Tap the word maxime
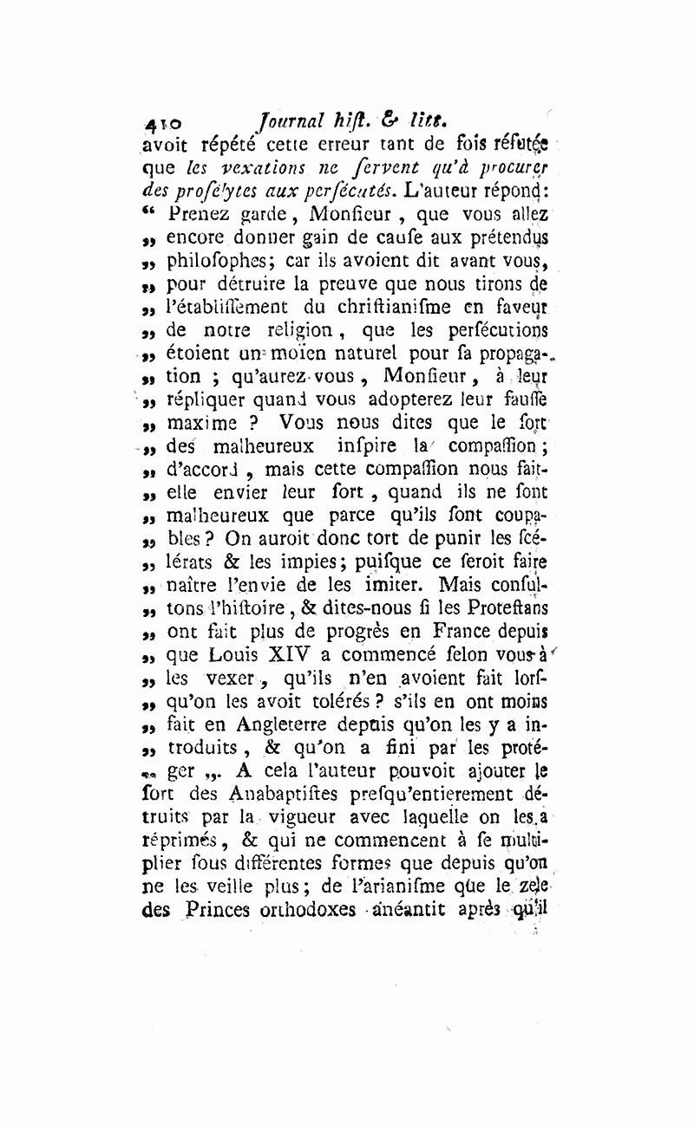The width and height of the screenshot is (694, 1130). coord(201,423)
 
